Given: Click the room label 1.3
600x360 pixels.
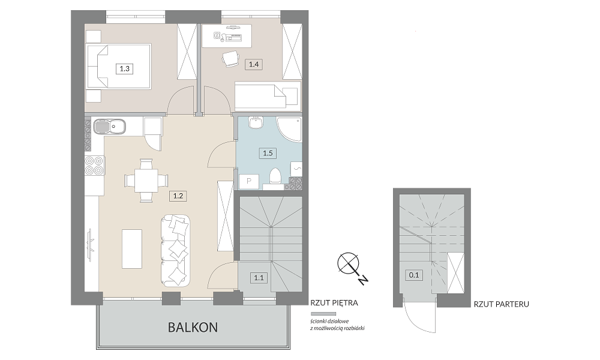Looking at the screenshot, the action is [124, 69].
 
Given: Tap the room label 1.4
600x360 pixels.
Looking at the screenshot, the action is [254, 64].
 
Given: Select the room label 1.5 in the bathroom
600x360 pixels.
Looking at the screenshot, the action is [268, 153].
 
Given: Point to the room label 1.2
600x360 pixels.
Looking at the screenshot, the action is [178, 196].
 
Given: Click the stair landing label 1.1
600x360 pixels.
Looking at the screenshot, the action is [259, 278].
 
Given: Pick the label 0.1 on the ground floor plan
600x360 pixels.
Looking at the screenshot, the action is [414, 275].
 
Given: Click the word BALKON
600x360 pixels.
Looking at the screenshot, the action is [193, 328].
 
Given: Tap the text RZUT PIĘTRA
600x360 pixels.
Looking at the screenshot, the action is [334, 303].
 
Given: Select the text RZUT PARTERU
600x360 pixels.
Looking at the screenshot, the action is [501, 305].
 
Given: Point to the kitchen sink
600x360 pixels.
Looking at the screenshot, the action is [109, 127].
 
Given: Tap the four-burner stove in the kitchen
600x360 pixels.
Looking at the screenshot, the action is [94, 166].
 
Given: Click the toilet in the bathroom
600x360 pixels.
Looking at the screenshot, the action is [275, 179].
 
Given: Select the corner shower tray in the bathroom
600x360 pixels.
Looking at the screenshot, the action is [289, 130].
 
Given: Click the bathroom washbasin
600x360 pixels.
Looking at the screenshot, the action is [255, 122].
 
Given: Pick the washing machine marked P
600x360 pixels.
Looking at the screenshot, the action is [249, 182].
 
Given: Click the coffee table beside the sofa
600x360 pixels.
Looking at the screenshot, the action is [132, 248].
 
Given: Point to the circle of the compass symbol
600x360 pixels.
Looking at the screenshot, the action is [348, 263].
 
